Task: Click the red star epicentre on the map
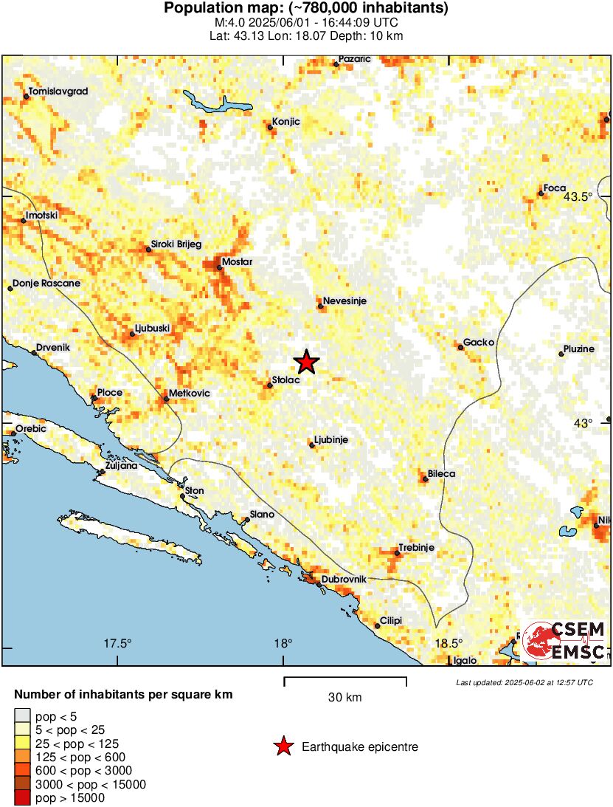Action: (305, 362)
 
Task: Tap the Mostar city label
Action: (237, 262)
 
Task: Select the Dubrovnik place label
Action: (344, 579)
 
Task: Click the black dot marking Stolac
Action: (270, 385)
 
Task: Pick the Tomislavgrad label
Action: (58, 92)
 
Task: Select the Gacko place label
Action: (479, 343)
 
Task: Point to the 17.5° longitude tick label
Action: (117, 642)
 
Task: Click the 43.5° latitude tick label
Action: (578, 196)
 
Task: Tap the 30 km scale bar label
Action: (344, 697)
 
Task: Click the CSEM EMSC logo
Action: (564, 639)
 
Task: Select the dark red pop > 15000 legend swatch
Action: (22, 797)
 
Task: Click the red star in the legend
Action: (283, 747)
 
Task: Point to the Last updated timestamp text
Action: (524, 682)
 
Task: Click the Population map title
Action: (306, 9)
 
